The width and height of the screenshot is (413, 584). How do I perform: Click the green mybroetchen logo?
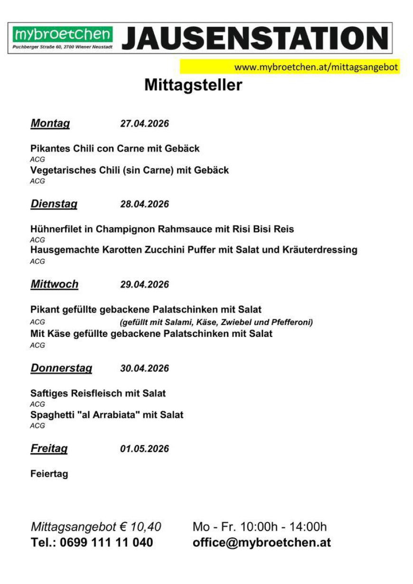(63, 34)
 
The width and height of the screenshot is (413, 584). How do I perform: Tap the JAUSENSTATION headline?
(255, 38)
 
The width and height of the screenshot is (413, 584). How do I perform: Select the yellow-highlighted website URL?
(316, 67)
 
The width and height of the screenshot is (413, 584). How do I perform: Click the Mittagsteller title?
(193, 85)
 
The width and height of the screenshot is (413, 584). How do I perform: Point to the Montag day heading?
(50, 124)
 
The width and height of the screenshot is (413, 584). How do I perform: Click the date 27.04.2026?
(144, 124)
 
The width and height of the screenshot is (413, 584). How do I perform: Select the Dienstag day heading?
(54, 204)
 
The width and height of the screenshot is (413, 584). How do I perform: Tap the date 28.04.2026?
(144, 205)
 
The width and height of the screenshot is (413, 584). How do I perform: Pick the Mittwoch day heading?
(54, 285)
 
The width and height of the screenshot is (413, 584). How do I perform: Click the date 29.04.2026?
(144, 285)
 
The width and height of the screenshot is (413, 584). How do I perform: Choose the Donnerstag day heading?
(61, 369)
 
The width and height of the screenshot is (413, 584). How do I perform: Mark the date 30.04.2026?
(144, 369)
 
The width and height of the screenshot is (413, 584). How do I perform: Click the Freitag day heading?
(49, 449)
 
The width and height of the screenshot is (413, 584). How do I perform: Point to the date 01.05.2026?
(144, 449)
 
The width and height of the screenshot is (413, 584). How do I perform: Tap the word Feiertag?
(49, 474)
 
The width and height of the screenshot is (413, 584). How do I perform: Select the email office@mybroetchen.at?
(262, 543)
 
